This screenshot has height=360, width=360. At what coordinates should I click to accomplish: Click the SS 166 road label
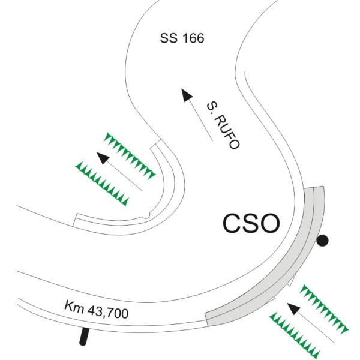pos(182,39)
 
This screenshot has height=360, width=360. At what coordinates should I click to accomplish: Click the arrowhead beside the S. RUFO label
pos(187,94)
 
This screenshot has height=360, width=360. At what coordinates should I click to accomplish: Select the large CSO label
pos(251,224)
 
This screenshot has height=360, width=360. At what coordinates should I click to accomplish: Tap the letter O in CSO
pos(270,224)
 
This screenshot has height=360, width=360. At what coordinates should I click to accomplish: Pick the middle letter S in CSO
pos(251,224)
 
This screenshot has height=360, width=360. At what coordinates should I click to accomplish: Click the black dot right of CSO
pos(323,241)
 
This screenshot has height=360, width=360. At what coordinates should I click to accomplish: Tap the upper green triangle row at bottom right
pos(324,308)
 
